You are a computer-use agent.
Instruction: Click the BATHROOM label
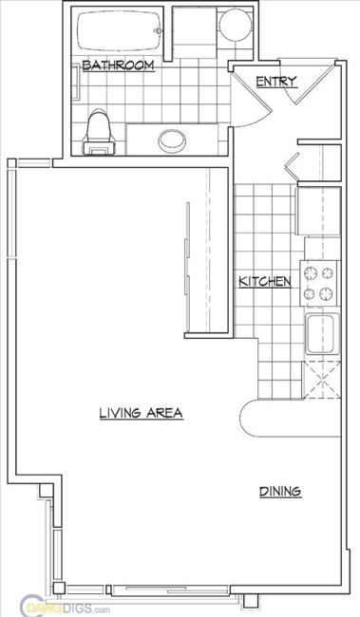(x=118, y=65)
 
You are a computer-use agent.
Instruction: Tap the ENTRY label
(x=277, y=82)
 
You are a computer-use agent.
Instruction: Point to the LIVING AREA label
(x=140, y=413)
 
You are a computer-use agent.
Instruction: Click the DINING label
(x=279, y=491)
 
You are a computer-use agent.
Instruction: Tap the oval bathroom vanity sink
(x=171, y=140)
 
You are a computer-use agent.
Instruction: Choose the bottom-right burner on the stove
(x=328, y=293)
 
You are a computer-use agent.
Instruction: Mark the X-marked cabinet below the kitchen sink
(x=321, y=383)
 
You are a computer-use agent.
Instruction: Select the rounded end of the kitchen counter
(x=253, y=417)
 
